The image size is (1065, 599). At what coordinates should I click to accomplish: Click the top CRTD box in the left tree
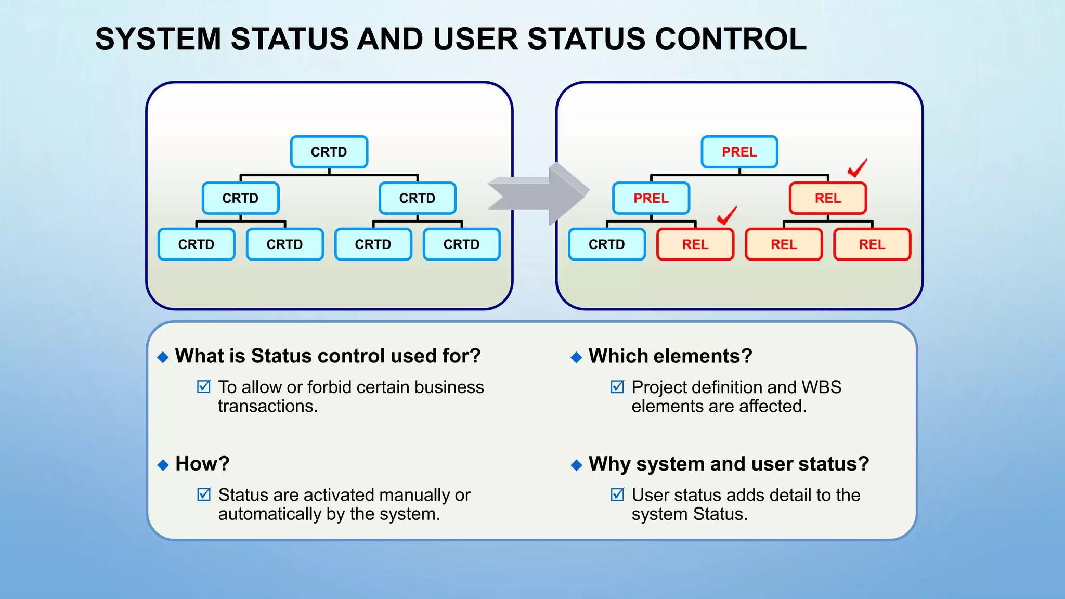pyautogui.click(x=329, y=152)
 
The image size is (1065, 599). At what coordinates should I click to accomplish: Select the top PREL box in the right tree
pyautogui.click(x=739, y=152)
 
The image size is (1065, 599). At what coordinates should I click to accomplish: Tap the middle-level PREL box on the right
pyautogui.click(x=651, y=198)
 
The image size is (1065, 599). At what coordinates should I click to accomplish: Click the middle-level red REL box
pyautogui.click(x=827, y=198)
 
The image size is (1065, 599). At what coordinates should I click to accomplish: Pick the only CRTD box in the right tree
pyautogui.click(x=606, y=244)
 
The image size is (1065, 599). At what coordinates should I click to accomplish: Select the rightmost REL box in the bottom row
pyautogui.click(x=872, y=244)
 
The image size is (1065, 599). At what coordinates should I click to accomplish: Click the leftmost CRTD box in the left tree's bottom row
pyautogui.click(x=196, y=244)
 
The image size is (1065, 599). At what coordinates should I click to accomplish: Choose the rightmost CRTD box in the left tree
pyautogui.click(x=461, y=244)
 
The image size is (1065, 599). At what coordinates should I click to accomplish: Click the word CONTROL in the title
pyautogui.click(x=731, y=39)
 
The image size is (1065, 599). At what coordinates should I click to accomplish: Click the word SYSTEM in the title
pyautogui.click(x=158, y=39)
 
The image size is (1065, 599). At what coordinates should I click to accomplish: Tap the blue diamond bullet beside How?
pyautogui.click(x=163, y=465)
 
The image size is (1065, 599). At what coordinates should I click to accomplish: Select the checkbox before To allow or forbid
pyautogui.click(x=204, y=386)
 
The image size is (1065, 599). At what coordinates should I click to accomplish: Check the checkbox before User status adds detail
pyautogui.click(x=617, y=494)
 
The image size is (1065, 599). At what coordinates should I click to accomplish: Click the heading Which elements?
pyautogui.click(x=670, y=356)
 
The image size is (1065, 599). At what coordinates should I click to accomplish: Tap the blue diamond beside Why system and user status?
pyautogui.click(x=576, y=465)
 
